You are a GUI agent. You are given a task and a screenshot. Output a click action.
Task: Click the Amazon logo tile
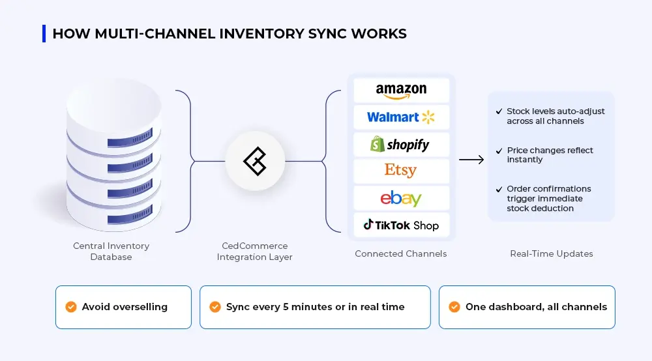click(401, 91)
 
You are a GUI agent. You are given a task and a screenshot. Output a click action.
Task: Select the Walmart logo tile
click(401, 117)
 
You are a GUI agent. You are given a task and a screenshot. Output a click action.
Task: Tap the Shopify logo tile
click(401, 144)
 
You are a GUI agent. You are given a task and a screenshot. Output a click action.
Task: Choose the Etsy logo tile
click(401, 171)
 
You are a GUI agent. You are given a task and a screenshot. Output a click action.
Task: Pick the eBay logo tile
click(401, 198)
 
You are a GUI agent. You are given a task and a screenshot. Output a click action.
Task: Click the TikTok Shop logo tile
click(401, 225)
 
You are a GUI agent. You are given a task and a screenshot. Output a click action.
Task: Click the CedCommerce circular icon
click(255, 161)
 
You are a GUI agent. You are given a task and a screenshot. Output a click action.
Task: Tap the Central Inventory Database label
click(111, 252)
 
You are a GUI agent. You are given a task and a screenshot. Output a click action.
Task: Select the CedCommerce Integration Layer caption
click(255, 252)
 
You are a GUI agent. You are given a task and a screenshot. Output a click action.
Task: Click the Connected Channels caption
click(401, 253)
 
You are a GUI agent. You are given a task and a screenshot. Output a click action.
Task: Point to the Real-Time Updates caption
click(552, 253)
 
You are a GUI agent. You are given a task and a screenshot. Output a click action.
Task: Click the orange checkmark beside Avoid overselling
click(71, 307)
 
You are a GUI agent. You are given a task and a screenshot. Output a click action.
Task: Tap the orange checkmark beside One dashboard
click(454, 307)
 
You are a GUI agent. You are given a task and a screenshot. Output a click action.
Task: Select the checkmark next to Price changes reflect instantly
click(499, 151)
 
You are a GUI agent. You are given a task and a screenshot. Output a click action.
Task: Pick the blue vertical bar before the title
click(44, 33)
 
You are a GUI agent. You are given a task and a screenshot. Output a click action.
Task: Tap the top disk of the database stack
click(115, 104)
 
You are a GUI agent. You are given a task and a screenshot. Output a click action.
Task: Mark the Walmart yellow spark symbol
click(428, 117)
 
